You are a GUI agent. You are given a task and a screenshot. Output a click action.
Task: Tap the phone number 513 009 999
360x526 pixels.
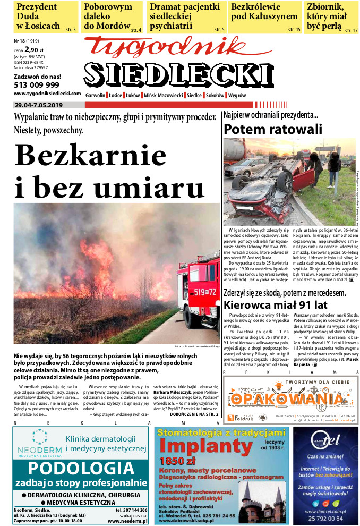[x=36, y=84]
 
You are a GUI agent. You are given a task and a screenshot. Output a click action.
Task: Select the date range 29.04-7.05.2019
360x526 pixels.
[x=40, y=104]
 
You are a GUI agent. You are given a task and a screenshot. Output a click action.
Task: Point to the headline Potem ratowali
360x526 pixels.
[x=273, y=129]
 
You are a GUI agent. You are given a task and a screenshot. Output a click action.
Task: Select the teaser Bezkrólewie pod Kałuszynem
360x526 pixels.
[x=264, y=12]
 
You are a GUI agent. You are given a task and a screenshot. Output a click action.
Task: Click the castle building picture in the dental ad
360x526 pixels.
[x=261, y=497]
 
